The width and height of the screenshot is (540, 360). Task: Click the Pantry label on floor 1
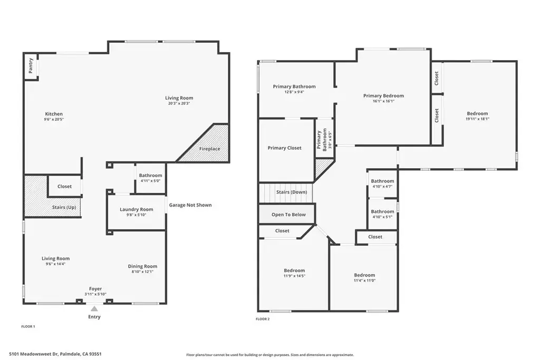31,66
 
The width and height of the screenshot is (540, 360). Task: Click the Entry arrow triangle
94,309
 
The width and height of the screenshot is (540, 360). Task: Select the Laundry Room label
137,209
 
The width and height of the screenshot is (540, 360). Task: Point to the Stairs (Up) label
64,207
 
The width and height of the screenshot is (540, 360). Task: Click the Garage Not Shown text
190,205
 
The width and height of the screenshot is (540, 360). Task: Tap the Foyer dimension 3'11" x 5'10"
95,294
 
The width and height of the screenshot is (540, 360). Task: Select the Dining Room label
142,266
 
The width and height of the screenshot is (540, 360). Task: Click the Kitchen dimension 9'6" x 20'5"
54,120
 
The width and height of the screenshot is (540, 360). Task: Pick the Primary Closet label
284,148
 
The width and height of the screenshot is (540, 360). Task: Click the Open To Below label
288,215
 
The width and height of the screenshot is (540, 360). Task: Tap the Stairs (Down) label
291,192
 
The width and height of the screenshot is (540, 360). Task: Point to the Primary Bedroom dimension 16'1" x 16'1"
384,101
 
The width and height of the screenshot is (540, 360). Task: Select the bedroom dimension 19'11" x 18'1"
477,119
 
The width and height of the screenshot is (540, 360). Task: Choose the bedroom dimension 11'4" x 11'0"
364,280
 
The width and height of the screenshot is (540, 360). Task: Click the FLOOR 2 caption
263,319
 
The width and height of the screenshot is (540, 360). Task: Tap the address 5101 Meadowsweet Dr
34,354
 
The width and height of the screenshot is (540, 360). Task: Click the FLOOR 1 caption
28,327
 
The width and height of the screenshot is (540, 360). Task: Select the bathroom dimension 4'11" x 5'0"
150,181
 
